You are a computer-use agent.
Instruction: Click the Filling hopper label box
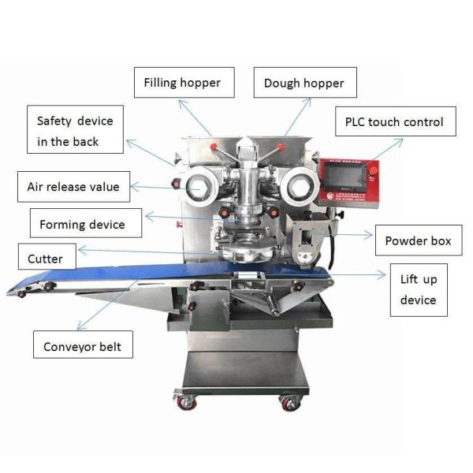pos(182,82)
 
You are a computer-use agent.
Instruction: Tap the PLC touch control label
pos(394,122)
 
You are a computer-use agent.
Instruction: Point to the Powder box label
pos(418,240)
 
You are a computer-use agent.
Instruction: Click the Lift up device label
pos(418,289)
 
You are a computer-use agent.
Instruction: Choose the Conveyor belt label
pos(83,347)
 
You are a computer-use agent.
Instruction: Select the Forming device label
pos(82,224)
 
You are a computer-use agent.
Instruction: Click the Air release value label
pos(73,187)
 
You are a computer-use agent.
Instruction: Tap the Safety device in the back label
pos(75,131)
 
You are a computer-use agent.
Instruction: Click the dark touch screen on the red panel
pos(350,177)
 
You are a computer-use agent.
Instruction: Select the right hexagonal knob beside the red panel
pos(300,187)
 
